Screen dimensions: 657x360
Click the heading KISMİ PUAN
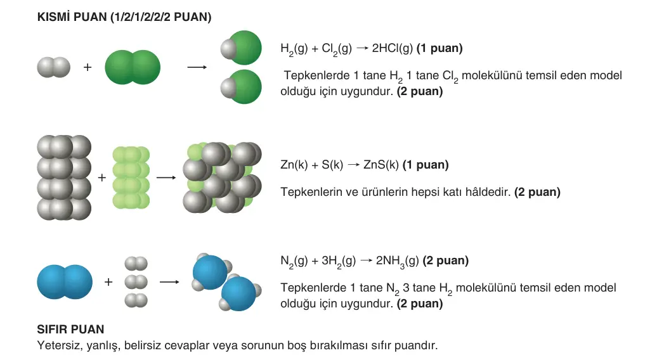[x=72, y=17]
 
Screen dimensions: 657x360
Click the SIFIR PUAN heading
[x=70, y=330]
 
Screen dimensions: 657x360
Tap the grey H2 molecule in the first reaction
[x=54, y=67]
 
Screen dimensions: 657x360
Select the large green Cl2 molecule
[x=133, y=67]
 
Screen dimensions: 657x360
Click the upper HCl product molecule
[x=242, y=48]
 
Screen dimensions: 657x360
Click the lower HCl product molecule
[x=242, y=87]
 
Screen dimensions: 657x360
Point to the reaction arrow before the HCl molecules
[x=197, y=67]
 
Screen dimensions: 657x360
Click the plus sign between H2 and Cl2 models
[x=88, y=67]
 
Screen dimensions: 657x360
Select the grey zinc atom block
[x=64, y=177]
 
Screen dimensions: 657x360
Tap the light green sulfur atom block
[x=131, y=177]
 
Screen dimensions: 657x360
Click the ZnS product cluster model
[x=222, y=177]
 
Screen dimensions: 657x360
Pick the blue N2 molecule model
[x=65, y=281]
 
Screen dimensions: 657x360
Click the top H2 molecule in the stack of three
[x=136, y=264]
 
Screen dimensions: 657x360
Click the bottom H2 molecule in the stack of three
[x=136, y=300]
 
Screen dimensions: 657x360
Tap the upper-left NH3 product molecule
[x=211, y=272]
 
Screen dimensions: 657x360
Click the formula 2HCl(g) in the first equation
[x=393, y=49]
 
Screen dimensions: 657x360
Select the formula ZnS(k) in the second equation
[x=381, y=165]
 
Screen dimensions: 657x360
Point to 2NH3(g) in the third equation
[x=397, y=261]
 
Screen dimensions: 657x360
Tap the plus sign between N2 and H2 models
[x=108, y=281]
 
